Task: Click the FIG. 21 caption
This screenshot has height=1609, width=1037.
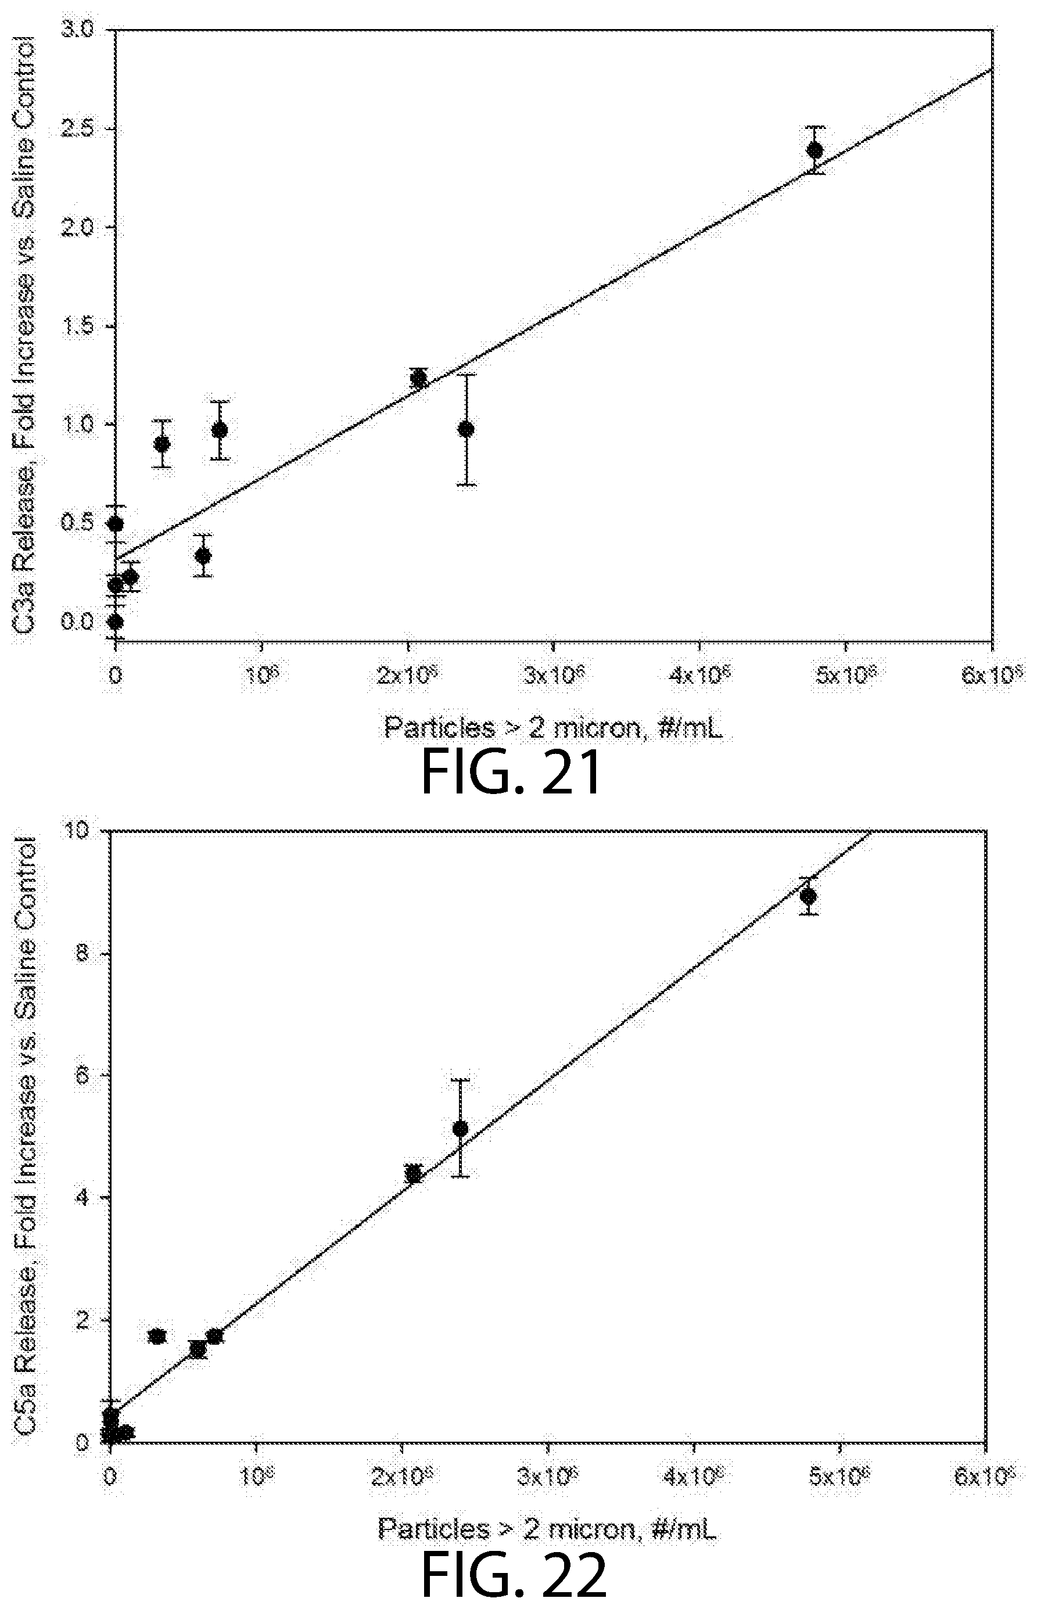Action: pyautogui.click(x=512, y=774)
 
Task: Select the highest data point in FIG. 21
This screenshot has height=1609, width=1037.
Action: pyautogui.click(x=814, y=150)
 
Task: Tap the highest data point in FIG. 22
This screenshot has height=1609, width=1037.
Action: pyautogui.click(x=808, y=896)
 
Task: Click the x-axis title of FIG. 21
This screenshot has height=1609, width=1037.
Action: pyautogui.click(x=552, y=727)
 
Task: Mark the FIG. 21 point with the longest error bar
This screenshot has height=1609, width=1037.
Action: pyautogui.click(x=465, y=429)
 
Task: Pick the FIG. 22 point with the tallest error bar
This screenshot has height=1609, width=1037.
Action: pyautogui.click(x=461, y=1128)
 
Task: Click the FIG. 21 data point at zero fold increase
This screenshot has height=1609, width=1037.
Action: pyautogui.click(x=115, y=621)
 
